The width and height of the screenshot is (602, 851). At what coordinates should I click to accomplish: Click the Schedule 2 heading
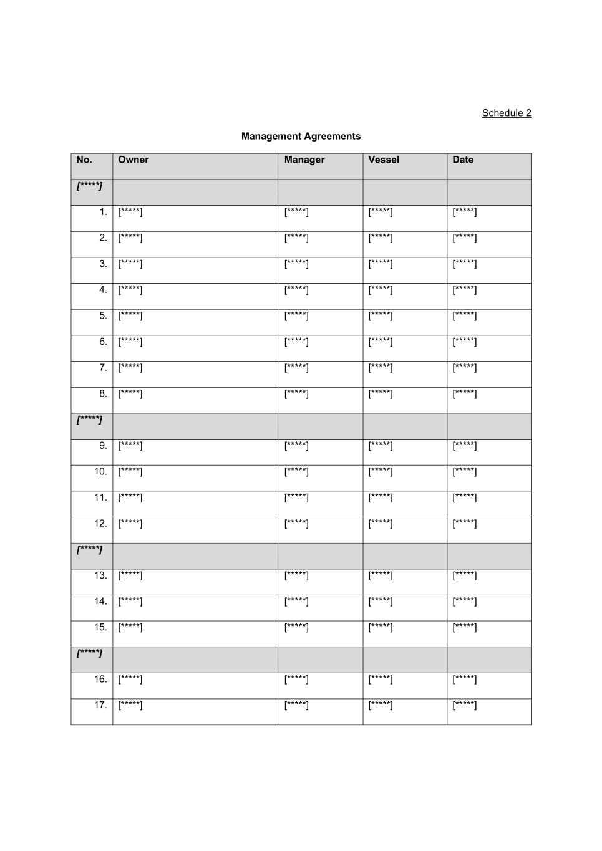(506, 113)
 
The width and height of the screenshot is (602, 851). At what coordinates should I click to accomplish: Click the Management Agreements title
(301, 136)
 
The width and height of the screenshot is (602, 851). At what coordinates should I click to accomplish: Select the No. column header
(84, 160)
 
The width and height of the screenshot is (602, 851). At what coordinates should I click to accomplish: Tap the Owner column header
(134, 160)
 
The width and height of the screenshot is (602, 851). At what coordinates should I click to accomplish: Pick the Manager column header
(304, 160)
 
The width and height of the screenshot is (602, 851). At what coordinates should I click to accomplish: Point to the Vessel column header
(384, 160)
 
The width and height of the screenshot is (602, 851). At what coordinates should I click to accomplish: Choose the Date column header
(463, 160)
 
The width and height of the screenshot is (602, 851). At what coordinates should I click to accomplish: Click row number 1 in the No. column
(103, 212)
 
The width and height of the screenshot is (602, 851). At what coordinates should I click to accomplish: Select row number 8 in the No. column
(103, 394)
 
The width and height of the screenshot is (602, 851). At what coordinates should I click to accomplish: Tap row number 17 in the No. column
(100, 705)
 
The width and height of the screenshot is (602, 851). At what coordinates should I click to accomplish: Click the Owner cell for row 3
(130, 264)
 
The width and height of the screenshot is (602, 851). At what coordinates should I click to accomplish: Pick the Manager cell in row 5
(296, 316)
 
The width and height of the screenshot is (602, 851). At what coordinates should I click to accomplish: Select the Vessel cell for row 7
(381, 368)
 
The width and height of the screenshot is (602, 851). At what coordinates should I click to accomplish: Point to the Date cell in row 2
(465, 238)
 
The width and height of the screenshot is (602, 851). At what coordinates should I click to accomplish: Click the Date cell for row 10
(465, 472)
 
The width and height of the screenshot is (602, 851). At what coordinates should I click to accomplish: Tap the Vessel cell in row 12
(381, 524)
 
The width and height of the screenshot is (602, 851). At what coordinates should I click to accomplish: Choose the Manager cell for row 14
(296, 602)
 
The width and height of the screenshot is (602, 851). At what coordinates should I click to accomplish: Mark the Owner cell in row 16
(130, 680)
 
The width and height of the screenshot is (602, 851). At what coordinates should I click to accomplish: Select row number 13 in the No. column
(100, 575)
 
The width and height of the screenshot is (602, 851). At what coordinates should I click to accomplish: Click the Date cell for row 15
(465, 628)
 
